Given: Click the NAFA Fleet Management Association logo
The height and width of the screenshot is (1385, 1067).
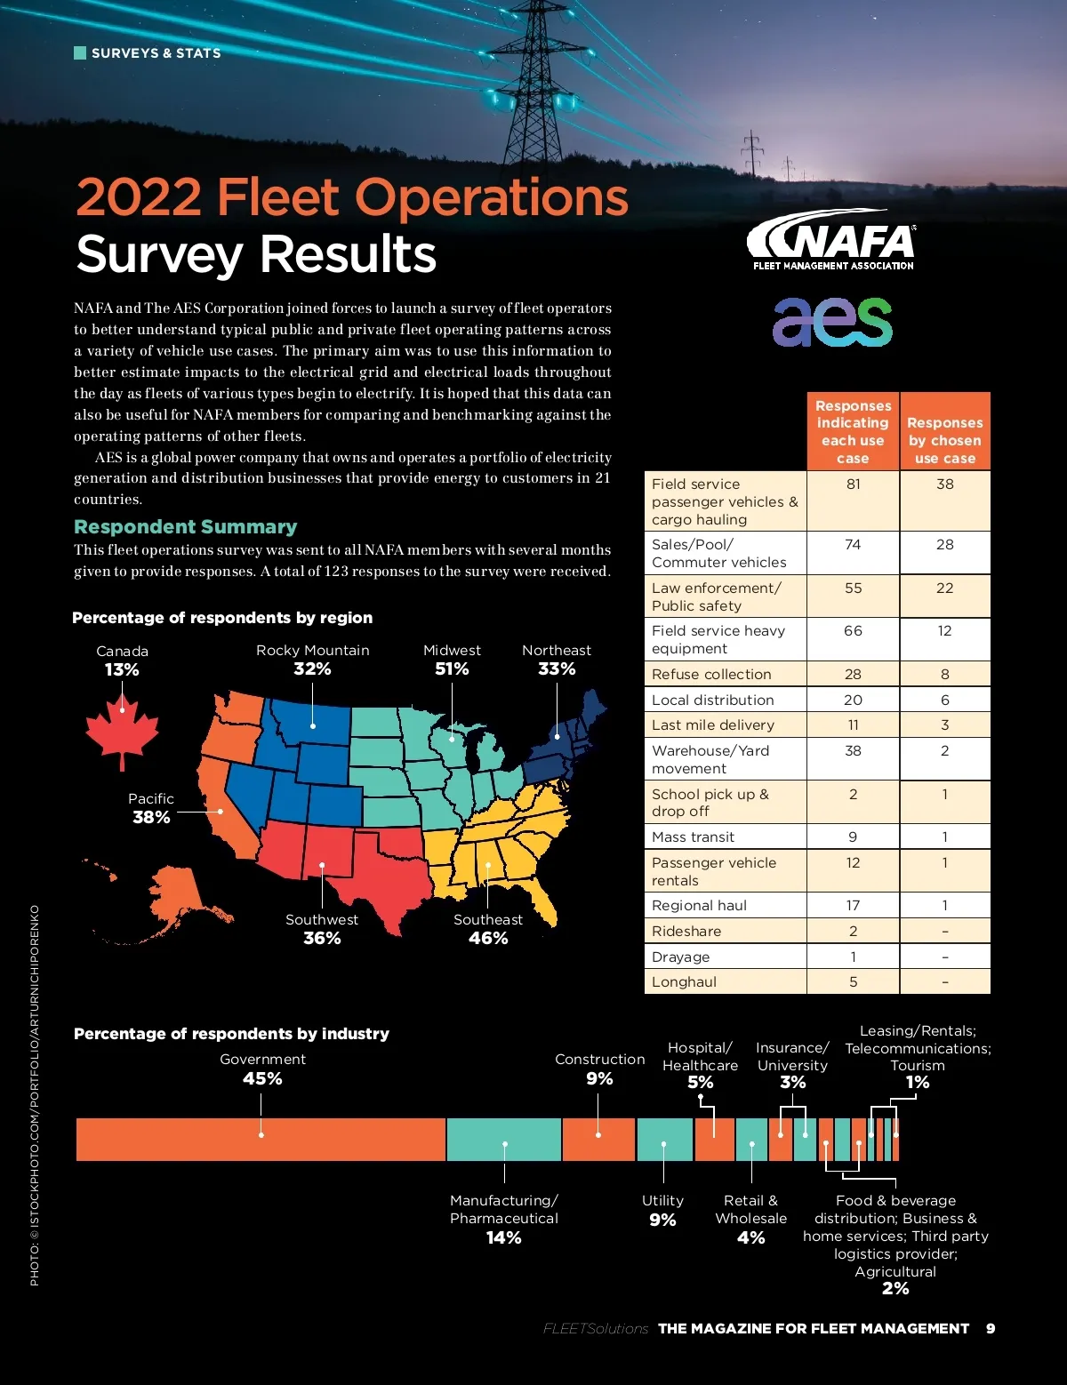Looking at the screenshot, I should [x=831, y=240].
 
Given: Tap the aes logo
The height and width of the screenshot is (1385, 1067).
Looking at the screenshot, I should [x=832, y=321].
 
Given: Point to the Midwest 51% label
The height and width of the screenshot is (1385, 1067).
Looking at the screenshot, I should [x=452, y=660].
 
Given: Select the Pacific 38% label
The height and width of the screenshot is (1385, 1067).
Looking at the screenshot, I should [x=151, y=808].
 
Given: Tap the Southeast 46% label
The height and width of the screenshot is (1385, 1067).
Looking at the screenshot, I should [x=488, y=929].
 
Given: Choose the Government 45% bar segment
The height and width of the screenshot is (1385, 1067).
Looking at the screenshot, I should [x=261, y=1140].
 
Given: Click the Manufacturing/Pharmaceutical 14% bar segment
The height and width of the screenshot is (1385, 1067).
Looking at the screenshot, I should [x=503, y=1140].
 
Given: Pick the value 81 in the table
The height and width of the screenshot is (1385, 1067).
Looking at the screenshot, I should [x=853, y=484].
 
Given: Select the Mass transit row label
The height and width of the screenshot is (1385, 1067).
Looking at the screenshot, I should [x=694, y=837].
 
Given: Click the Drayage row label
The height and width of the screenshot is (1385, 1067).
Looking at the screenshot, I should [x=681, y=957].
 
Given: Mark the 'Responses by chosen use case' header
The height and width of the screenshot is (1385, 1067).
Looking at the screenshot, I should [x=944, y=440].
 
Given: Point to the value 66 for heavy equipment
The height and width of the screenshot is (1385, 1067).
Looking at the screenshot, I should [x=853, y=631].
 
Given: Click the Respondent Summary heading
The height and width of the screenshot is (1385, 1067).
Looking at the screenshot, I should [x=186, y=527].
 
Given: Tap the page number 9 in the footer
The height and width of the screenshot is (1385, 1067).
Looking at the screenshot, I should [x=991, y=1328].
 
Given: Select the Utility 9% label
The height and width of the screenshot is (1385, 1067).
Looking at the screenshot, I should [x=662, y=1211].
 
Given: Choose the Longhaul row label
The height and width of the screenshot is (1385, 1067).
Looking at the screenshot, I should [x=685, y=982].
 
